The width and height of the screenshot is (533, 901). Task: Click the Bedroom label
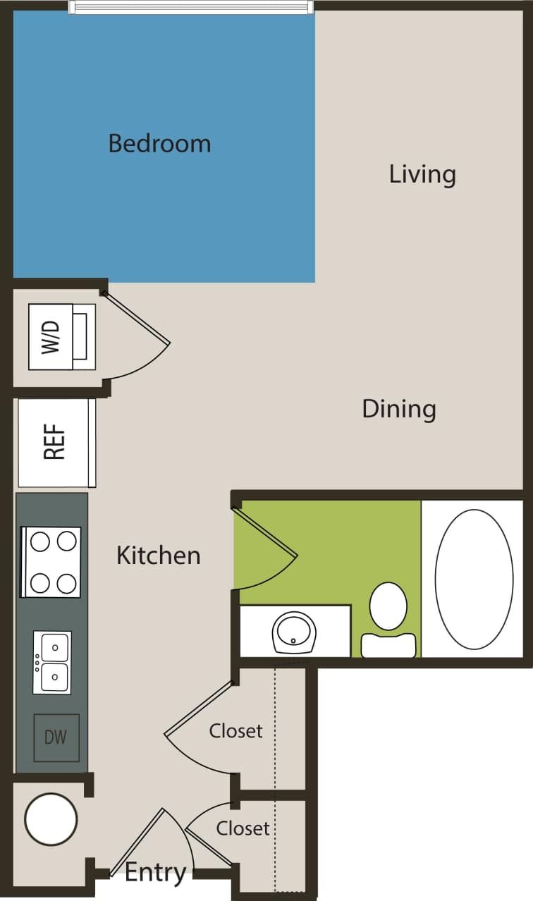(x=159, y=144)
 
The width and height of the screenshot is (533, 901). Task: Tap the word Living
(x=422, y=174)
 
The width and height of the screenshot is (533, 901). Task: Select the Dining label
(x=399, y=409)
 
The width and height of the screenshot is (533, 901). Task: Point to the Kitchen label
(x=159, y=556)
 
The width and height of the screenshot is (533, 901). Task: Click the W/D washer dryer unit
(x=61, y=337)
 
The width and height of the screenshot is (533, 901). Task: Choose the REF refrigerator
(x=56, y=442)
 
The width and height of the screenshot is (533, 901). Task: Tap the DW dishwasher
(x=56, y=737)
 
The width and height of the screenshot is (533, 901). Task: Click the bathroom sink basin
(x=294, y=632)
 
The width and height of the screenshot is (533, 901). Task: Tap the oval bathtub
(x=474, y=579)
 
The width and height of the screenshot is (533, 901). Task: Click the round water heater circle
(x=51, y=819)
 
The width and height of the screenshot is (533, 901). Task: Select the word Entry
(x=155, y=873)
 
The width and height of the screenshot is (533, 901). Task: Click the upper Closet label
(x=235, y=731)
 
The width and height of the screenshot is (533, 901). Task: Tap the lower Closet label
(x=243, y=828)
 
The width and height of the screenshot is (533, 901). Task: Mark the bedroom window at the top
(x=190, y=7)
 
